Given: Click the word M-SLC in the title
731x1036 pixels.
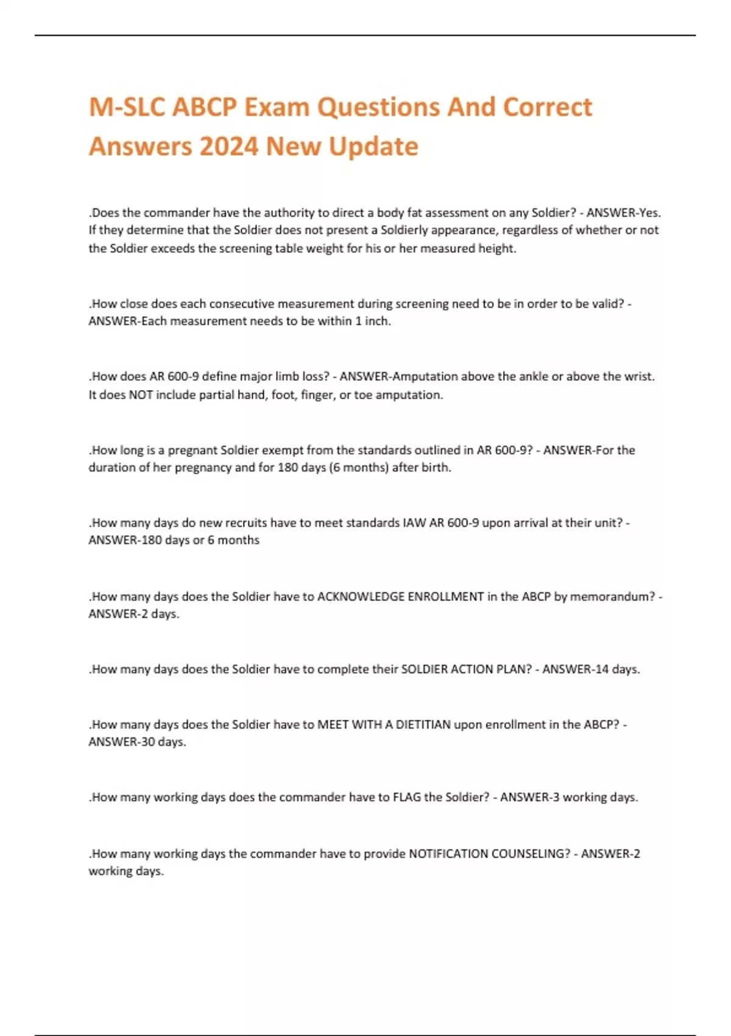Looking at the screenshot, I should point(126,107).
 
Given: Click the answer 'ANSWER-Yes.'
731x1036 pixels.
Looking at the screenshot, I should point(623,213).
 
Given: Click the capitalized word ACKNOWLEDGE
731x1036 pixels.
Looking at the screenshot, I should point(361,597).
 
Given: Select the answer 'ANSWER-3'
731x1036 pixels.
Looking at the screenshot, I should point(529,797).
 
